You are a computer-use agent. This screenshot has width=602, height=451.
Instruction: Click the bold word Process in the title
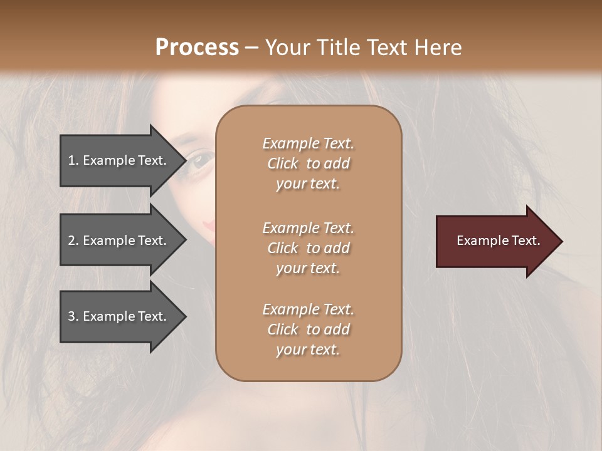(x=197, y=48)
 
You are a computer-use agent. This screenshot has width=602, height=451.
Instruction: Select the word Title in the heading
(x=337, y=48)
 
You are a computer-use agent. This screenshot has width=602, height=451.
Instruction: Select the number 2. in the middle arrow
(x=73, y=241)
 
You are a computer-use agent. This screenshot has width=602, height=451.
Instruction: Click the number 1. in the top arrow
(x=73, y=160)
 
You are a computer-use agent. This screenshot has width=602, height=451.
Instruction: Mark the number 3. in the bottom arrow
(x=73, y=316)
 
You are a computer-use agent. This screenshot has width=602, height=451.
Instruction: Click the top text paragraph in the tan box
(x=308, y=163)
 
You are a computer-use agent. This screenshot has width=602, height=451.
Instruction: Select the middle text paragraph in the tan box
(x=308, y=248)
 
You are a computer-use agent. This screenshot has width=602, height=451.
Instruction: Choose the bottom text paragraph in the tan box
(x=308, y=329)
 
